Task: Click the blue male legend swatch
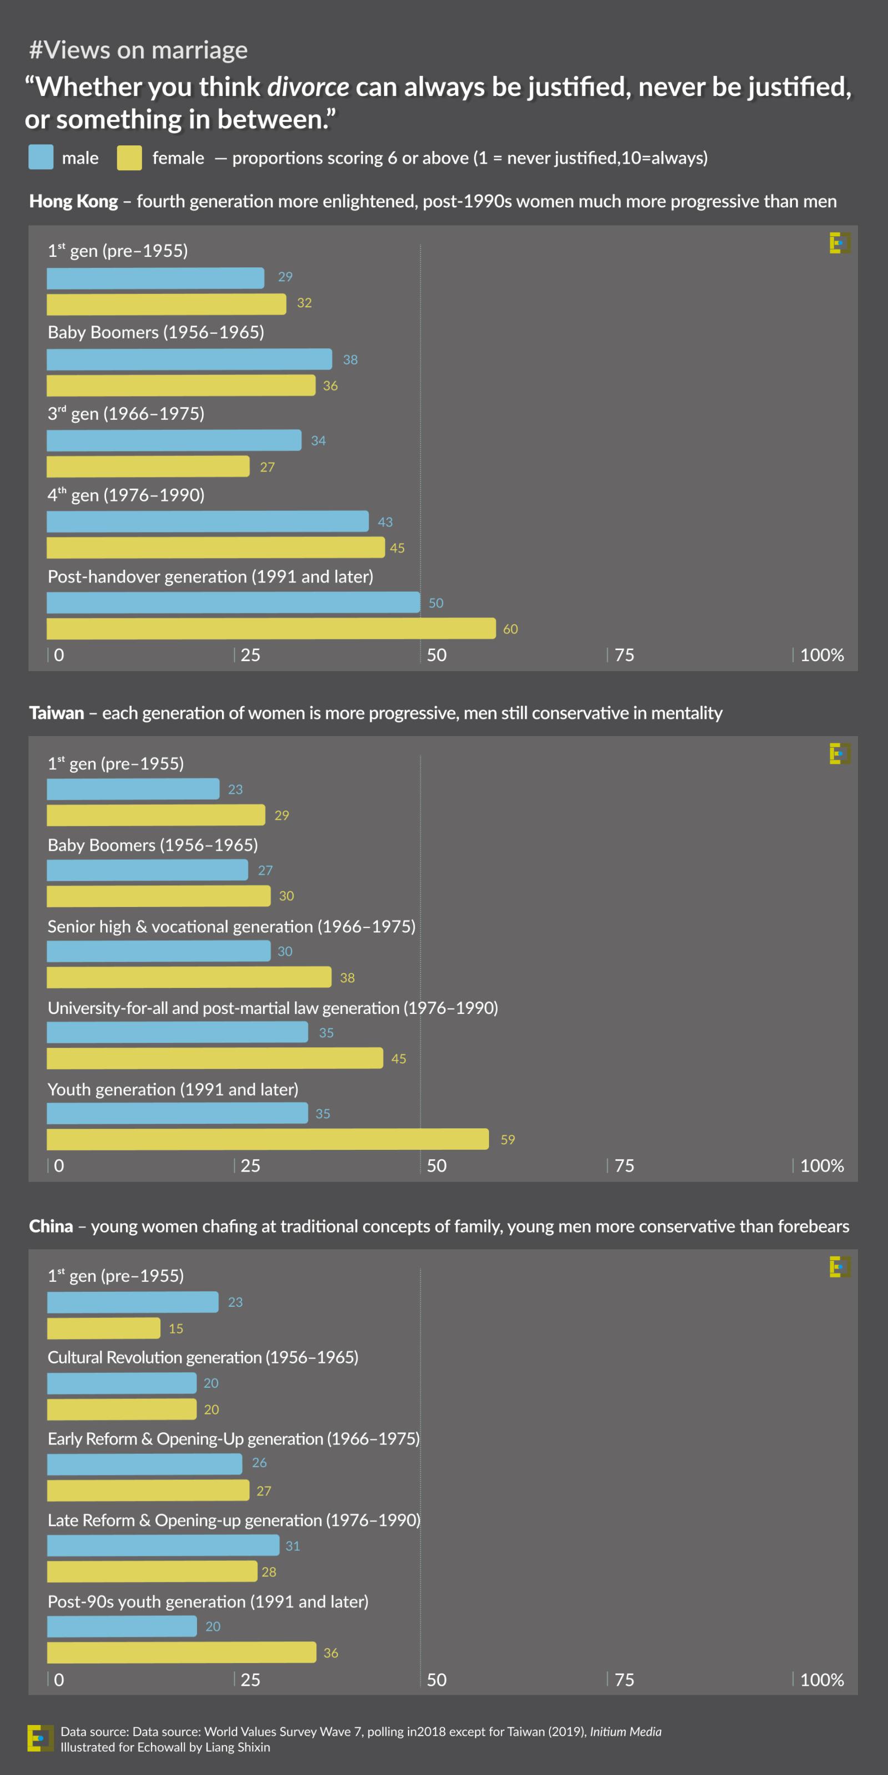41,157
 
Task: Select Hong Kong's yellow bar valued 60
271,628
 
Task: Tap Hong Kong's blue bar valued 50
233,602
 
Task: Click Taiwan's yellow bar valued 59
268,1139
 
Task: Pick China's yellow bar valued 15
103,1328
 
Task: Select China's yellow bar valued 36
181,1652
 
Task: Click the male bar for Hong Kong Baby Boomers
189,359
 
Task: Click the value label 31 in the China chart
292,1545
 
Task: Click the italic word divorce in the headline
307,87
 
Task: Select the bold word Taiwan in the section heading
57,712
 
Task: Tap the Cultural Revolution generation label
203,1357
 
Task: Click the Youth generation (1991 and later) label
173,1089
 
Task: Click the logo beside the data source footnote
40,1738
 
